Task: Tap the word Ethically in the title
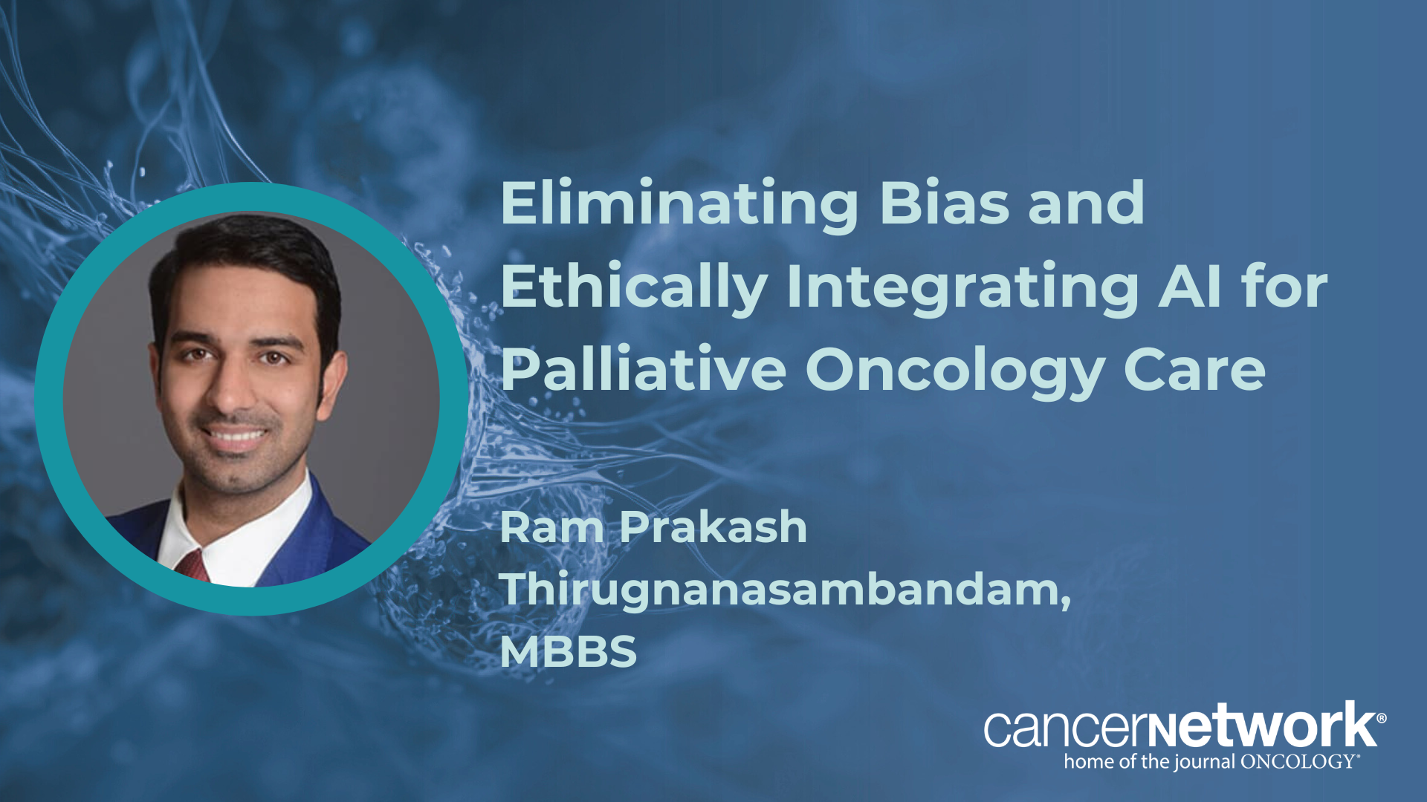click(634, 288)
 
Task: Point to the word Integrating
click(962, 288)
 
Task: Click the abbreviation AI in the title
click(1190, 285)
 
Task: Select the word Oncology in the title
click(954, 371)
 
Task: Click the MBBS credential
click(569, 651)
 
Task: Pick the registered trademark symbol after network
click(1381, 718)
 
